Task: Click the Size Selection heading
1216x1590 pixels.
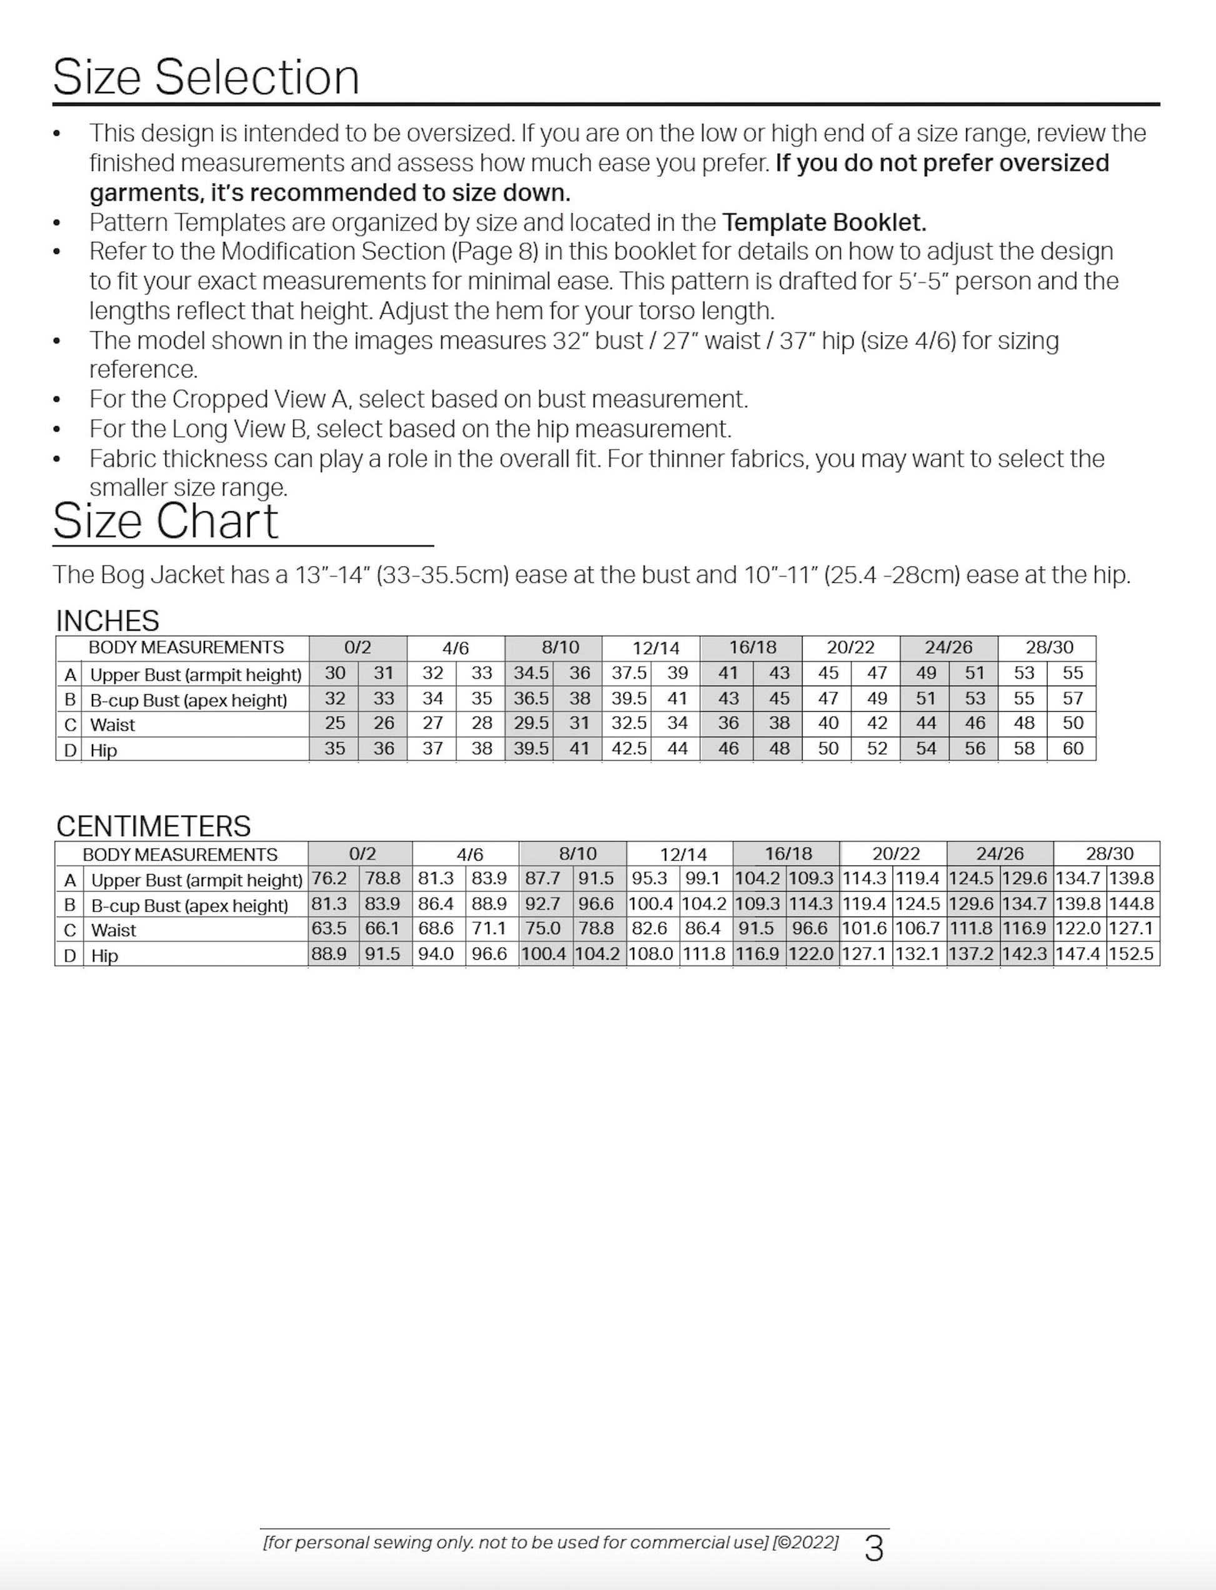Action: (x=206, y=77)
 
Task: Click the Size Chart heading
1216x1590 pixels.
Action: (x=165, y=520)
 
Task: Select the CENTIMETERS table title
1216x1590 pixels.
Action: (x=154, y=826)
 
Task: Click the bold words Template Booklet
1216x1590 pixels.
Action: (x=824, y=222)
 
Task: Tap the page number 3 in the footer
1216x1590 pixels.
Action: (x=874, y=1549)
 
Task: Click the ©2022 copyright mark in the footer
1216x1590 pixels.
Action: (x=805, y=1543)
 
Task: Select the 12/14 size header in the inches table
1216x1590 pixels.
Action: (x=655, y=648)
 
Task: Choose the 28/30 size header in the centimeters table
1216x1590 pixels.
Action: (x=1109, y=853)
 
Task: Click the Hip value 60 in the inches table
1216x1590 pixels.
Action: (x=1073, y=748)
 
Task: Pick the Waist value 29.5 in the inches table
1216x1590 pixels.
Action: (x=531, y=723)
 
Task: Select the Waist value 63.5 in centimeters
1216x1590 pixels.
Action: (x=329, y=928)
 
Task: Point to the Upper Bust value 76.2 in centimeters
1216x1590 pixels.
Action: (x=329, y=878)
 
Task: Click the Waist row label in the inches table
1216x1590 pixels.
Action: (x=113, y=725)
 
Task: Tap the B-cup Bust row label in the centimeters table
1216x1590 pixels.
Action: (x=189, y=905)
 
